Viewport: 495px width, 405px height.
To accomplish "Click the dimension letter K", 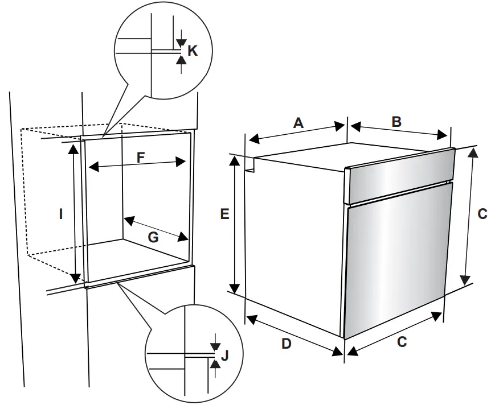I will pyautogui.click(x=193, y=51).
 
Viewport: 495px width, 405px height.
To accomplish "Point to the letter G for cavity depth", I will pyautogui.click(x=153, y=238).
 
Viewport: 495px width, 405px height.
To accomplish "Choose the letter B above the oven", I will pyautogui.click(x=396, y=121).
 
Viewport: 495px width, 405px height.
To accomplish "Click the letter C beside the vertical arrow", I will pyautogui.click(x=482, y=214).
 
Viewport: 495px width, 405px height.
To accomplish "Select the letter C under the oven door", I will pyautogui.click(x=402, y=342).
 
